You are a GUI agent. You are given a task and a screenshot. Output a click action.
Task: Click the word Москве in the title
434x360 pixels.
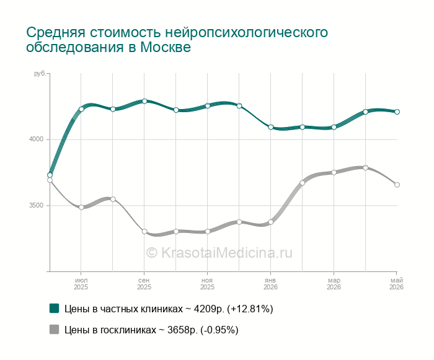[166, 47]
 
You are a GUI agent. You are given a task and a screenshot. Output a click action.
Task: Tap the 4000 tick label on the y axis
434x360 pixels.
[36, 139]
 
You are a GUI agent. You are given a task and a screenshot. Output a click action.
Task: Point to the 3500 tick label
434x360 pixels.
[36, 205]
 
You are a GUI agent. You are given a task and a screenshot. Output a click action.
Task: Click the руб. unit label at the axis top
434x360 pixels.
[40, 74]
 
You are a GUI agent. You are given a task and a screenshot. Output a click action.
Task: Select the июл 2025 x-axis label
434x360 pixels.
[81, 284]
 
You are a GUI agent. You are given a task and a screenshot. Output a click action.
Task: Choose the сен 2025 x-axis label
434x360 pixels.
[144, 284]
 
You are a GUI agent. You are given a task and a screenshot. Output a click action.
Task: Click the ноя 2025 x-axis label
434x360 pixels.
[207, 284]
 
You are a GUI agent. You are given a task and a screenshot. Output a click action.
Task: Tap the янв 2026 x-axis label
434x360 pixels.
[270, 284]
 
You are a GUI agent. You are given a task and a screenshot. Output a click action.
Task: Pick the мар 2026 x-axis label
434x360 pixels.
[334, 284]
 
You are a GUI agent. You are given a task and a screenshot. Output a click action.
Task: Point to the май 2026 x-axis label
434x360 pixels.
[396, 284]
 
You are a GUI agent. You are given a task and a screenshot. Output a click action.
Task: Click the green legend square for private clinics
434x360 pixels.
[55, 308]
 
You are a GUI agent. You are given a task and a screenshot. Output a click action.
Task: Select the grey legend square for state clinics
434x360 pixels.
[55, 329]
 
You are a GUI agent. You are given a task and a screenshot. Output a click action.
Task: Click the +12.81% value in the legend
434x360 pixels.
[250, 309]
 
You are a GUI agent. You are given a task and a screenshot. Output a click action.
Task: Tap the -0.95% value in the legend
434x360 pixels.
[219, 330]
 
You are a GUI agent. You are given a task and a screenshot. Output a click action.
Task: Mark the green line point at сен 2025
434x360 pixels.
[144, 101]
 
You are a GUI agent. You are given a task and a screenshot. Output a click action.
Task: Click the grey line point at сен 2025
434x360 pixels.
[144, 231]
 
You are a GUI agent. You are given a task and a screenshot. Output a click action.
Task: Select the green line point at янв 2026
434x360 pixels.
[271, 127]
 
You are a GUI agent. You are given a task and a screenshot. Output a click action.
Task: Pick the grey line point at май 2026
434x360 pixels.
[397, 185]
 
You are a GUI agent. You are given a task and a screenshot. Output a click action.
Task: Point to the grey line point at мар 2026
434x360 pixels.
[334, 172]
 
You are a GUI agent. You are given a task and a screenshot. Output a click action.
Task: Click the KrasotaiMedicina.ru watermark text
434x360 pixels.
[219, 253]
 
